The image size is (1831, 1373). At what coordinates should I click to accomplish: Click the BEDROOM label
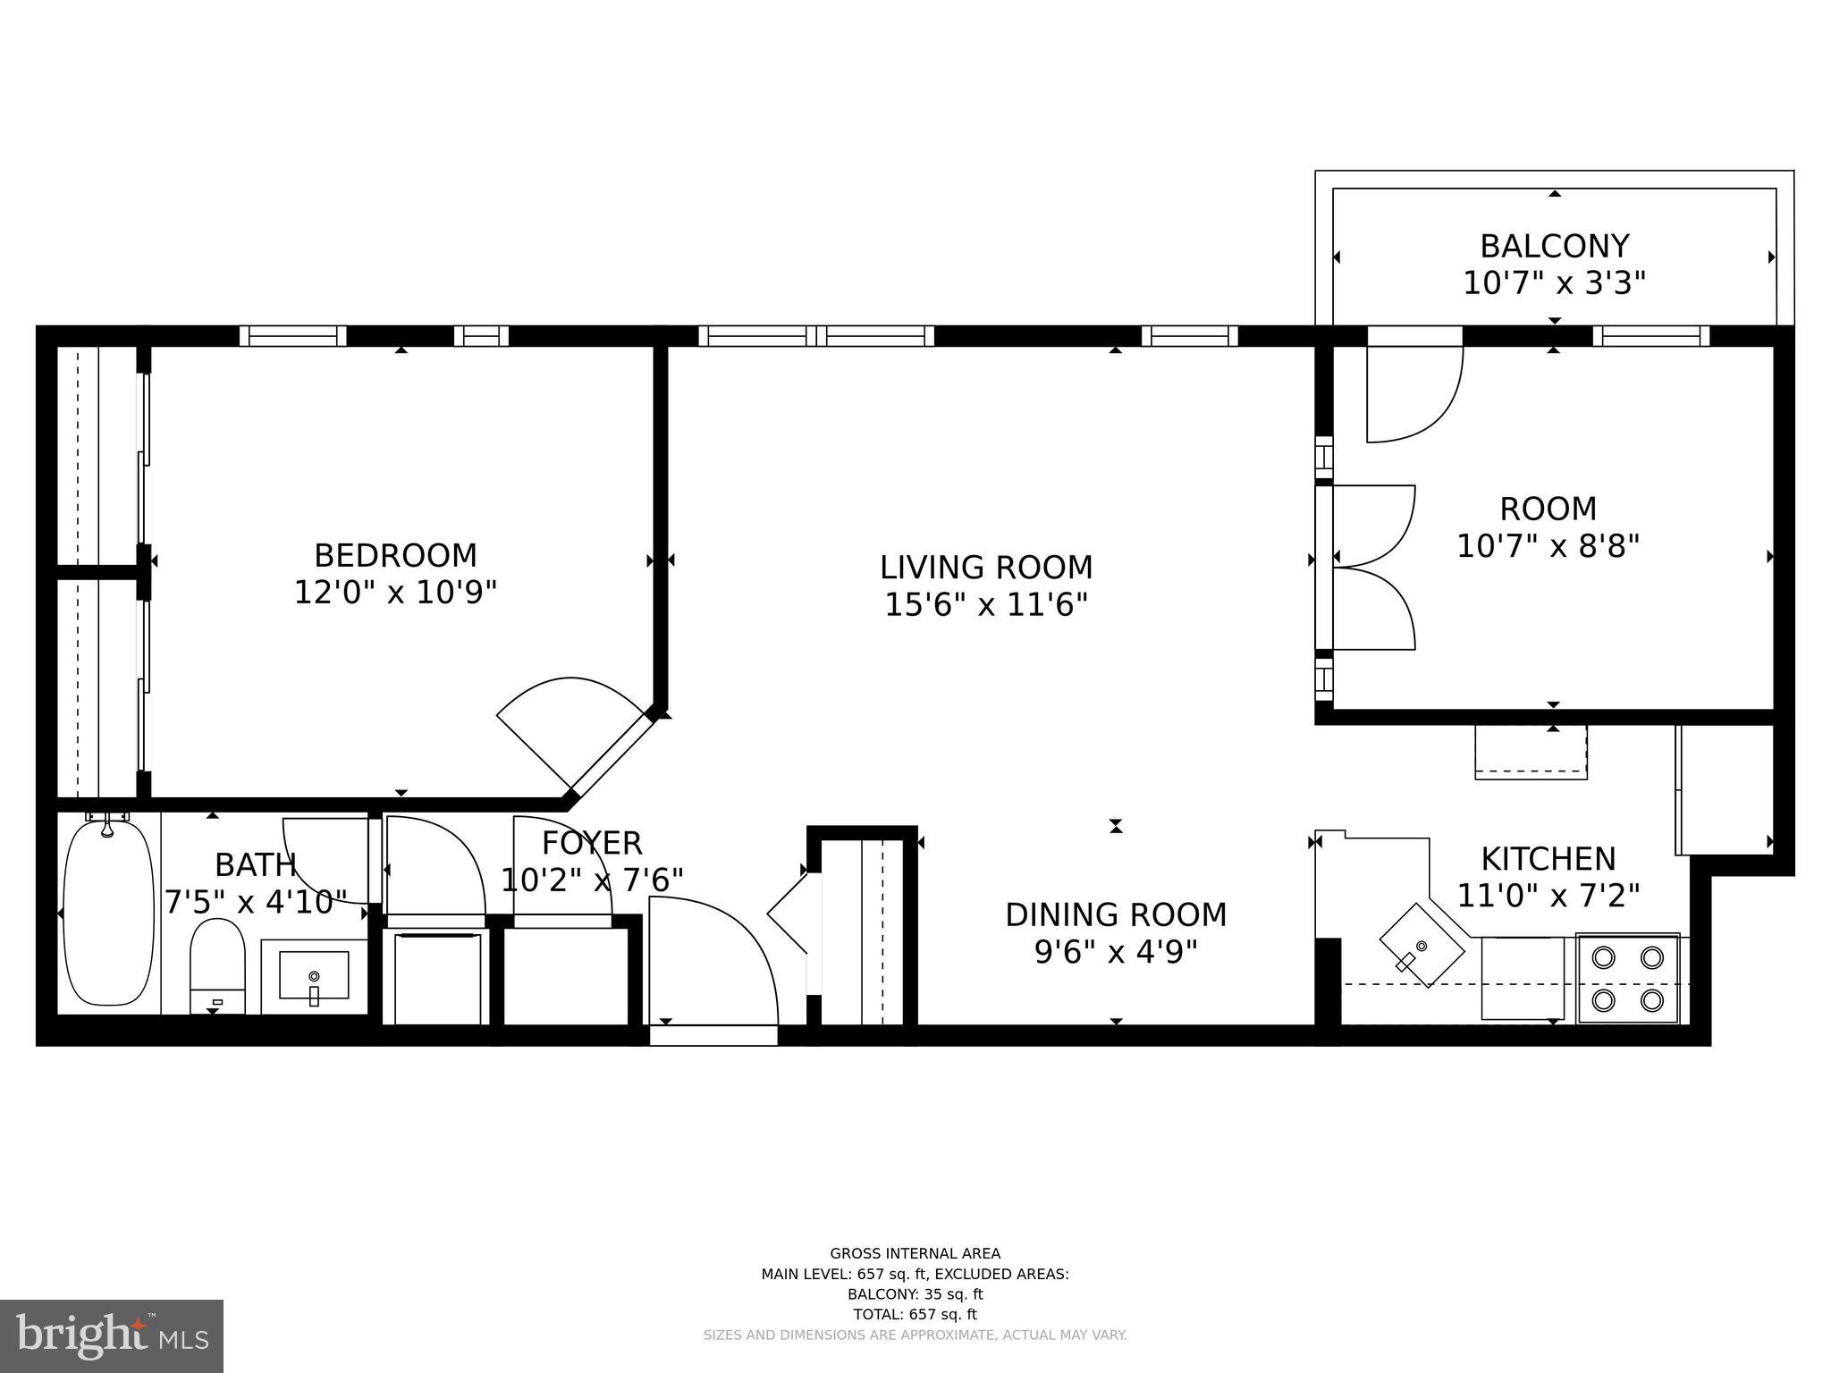point(395,556)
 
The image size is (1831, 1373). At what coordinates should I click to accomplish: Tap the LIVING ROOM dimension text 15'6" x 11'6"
point(985,605)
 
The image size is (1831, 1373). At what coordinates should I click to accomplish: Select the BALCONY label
point(1554,246)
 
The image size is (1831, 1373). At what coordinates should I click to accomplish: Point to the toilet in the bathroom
point(217,964)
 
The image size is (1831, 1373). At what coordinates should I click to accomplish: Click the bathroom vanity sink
point(314,975)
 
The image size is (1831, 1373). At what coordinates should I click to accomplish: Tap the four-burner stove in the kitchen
point(1627,978)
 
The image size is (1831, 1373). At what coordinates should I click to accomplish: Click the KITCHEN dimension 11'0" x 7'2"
point(1548,895)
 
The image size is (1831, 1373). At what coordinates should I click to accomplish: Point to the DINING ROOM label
point(1115,914)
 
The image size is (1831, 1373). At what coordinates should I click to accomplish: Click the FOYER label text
point(592,843)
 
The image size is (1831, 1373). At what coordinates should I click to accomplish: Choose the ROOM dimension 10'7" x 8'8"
point(1548,545)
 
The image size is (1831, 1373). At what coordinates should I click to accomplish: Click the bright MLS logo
point(112,1336)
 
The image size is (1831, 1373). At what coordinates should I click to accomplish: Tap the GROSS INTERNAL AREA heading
point(915,1253)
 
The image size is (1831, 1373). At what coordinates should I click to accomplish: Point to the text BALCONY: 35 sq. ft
point(915,1293)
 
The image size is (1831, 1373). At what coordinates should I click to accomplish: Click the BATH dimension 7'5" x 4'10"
point(255,902)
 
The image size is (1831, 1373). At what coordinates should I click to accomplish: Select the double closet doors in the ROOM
point(1372,567)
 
